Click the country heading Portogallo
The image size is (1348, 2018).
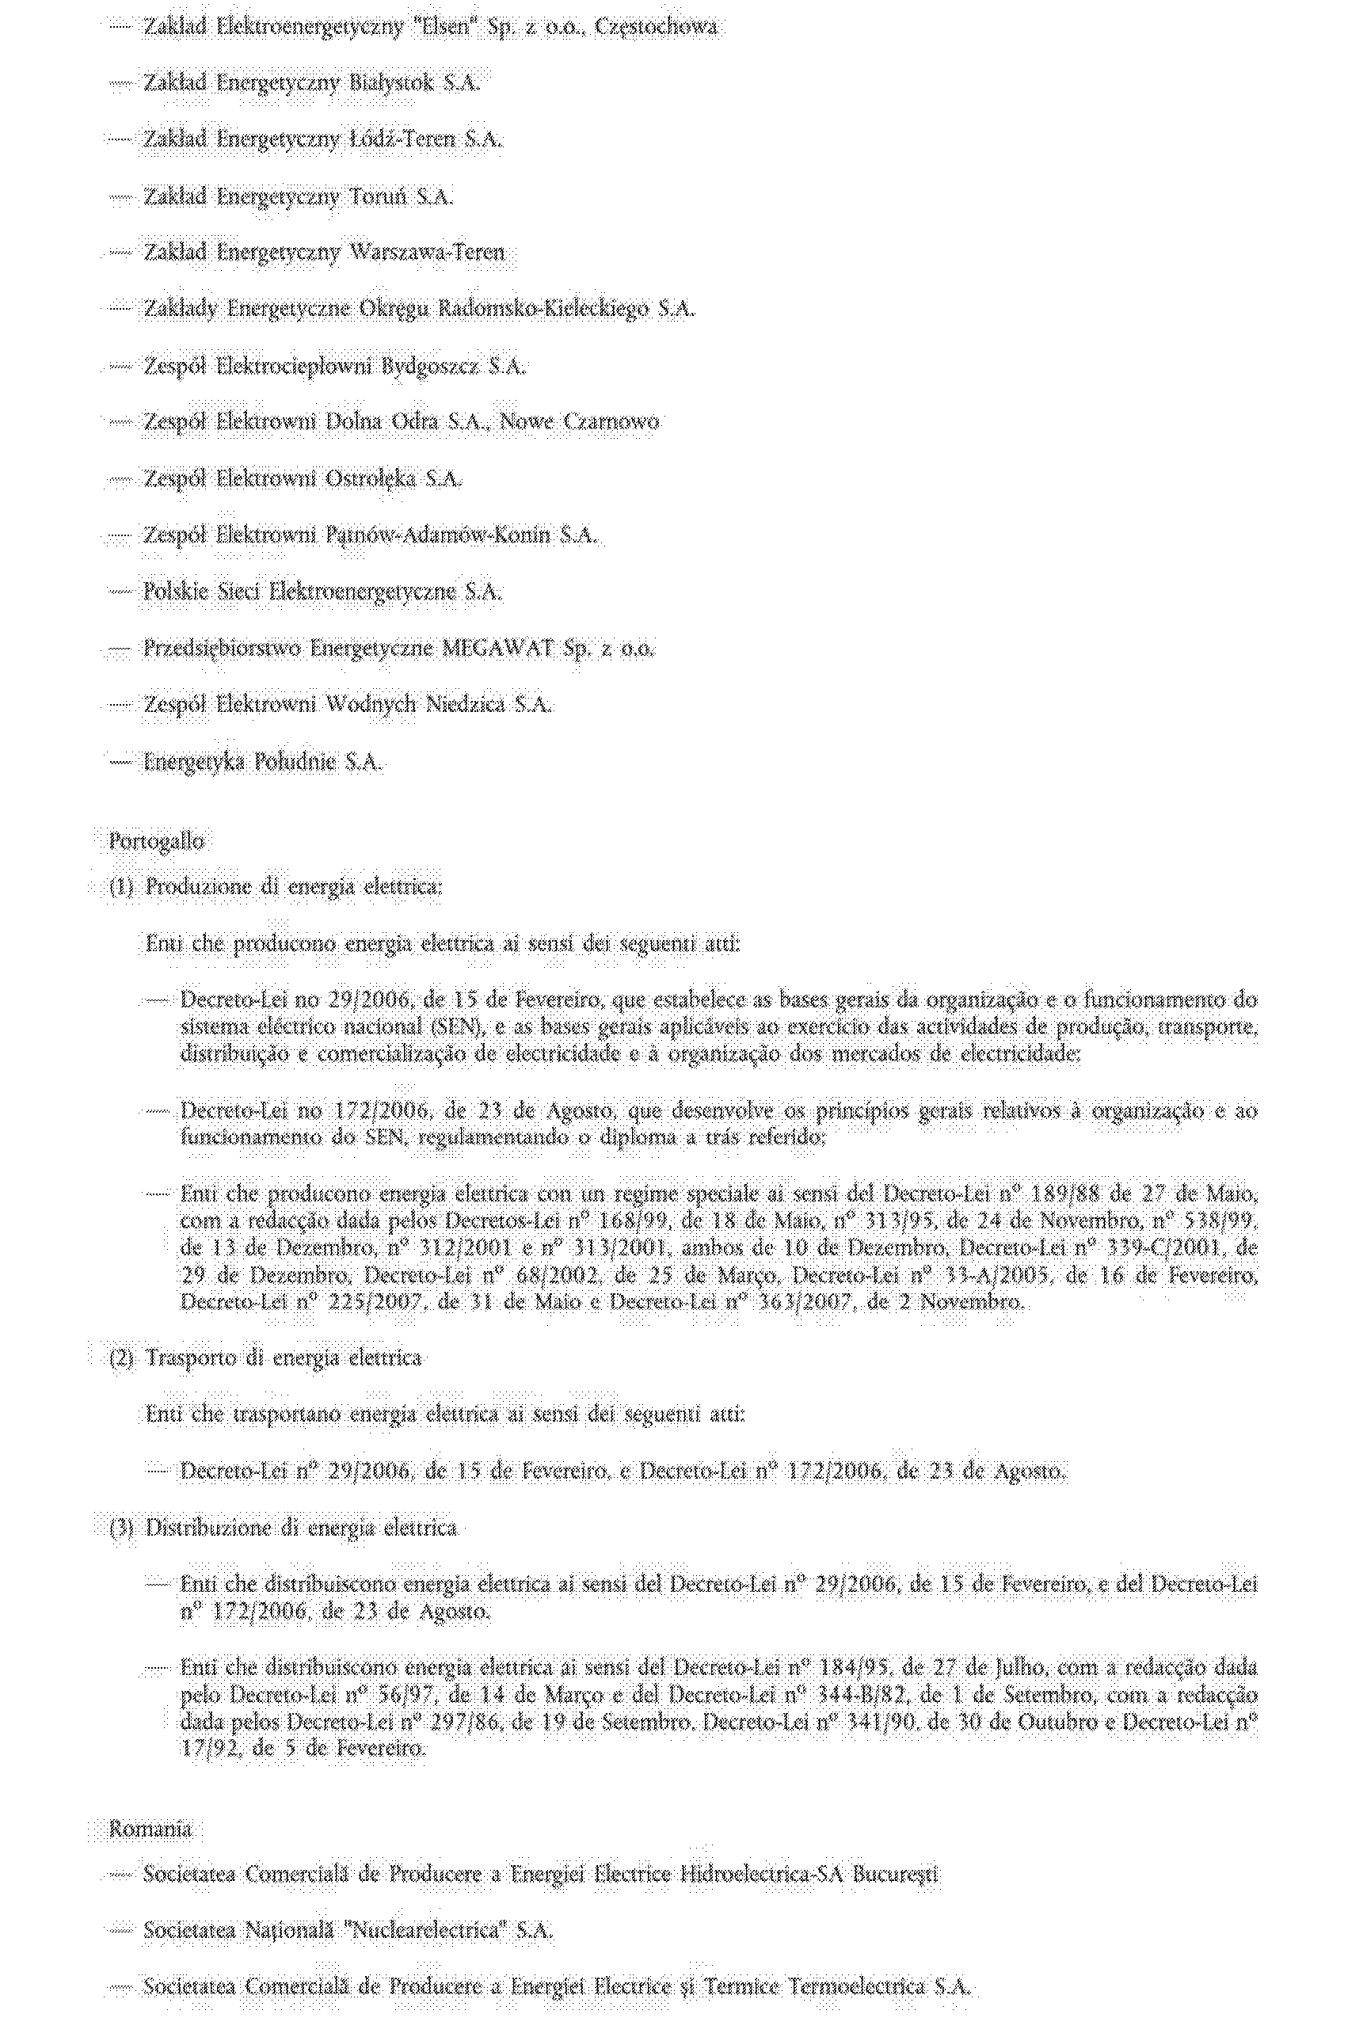tap(157, 841)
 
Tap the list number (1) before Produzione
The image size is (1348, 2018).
tap(121, 887)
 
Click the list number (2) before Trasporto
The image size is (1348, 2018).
tap(121, 1358)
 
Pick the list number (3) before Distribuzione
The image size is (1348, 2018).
tap(121, 1528)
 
